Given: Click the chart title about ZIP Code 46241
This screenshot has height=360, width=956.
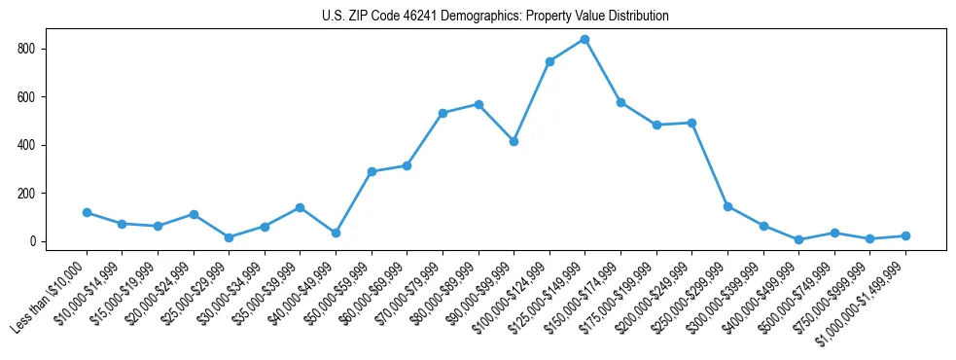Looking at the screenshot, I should coord(495,17).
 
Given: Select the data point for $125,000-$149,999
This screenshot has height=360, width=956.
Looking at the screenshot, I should coord(584,40).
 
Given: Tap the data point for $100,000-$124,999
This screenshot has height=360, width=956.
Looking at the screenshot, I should coord(549,61).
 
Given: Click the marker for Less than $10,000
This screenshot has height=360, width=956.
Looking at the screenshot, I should coord(87,212).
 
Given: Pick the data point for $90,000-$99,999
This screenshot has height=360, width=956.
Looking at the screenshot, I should coord(513,141).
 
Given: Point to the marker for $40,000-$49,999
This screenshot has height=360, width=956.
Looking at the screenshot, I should coord(336,233).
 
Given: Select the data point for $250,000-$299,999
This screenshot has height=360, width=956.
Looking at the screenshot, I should coord(727,206).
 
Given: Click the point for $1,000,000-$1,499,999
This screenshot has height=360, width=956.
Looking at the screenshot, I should coord(905,235).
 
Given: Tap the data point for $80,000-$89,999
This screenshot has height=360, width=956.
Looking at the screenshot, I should coord(478,104).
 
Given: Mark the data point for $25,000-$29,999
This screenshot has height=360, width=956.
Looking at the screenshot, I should coord(229,237).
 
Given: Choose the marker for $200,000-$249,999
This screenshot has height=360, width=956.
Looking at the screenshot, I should coord(691,123).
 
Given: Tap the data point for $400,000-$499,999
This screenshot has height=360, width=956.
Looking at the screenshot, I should coord(798,239).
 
